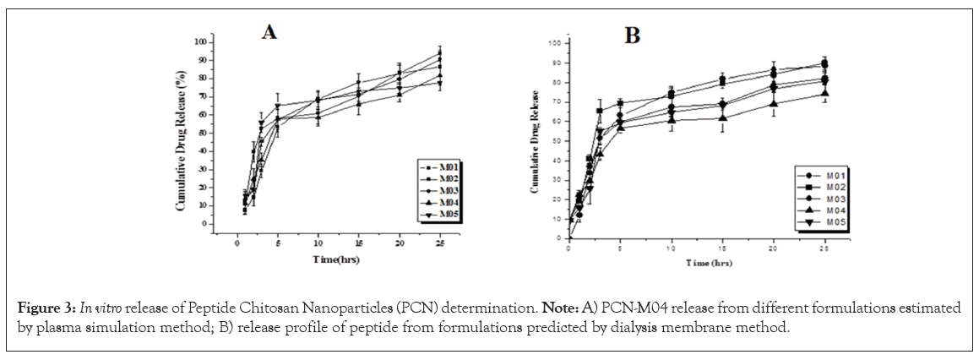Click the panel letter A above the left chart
(269, 32)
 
